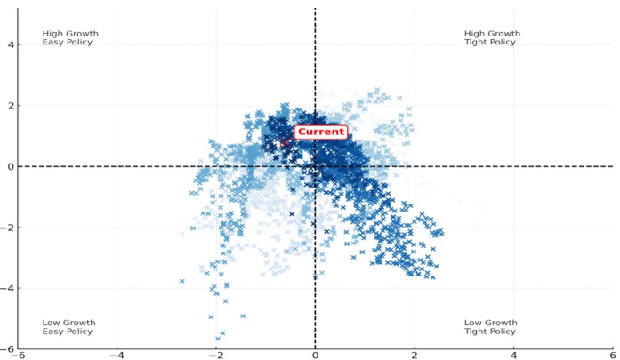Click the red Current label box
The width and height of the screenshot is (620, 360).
[x=320, y=132]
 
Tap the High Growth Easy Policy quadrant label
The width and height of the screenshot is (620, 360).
[x=70, y=37]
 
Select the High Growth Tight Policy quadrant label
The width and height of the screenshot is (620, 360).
[x=492, y=37]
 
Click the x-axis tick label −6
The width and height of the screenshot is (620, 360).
[x=17, y=355]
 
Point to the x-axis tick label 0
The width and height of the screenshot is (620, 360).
[x=315, y=355]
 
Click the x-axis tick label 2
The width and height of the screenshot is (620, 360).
[x=415, y=355]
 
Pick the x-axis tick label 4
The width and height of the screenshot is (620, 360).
[x=514, y=355]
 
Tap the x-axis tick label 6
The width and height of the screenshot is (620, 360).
[x=613, y=355]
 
